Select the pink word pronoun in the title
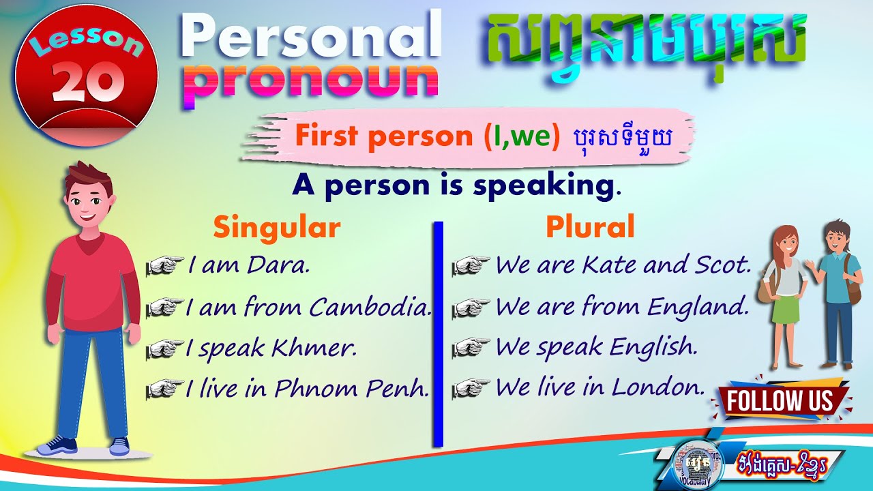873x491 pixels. pyautogui.click(x=311, y=83)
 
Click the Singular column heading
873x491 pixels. pyautogui.click(x=276, y=228)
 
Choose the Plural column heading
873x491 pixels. pyautogui.click(x=590, y=228)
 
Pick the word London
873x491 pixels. pyautogui.click(x=657, y=388)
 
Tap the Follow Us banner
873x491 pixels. pyautogui.click(x=780, y=401)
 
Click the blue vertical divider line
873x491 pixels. pyautogui.click(x=438, y=334)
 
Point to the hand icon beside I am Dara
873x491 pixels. pyautogui.click(x=166, y=265)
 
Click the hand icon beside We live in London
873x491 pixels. pyautogui.click(x=471, y=388)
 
